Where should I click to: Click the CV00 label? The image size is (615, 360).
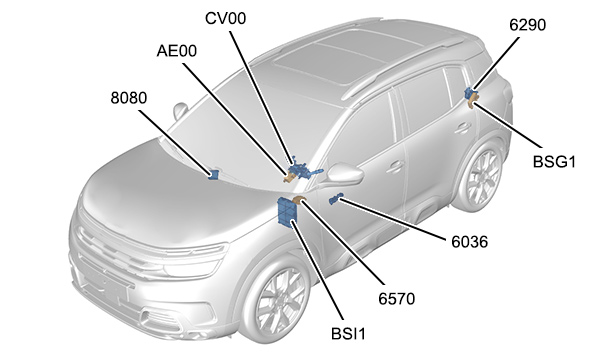tap(226, 18)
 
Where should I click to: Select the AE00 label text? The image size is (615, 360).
tap(176, 51)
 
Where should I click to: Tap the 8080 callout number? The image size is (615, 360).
tap(129, 98)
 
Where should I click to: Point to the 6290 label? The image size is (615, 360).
tap(528, 25)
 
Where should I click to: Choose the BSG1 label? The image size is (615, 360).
tap(554, 162)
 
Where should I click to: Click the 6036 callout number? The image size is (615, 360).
tap(469, 242)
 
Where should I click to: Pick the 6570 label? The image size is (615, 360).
tap(397, 299)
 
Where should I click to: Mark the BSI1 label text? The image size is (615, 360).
tap(348, 334)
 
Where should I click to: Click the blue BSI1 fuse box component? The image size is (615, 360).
tap(287, 212)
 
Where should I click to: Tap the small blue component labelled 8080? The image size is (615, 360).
tap(213, 175)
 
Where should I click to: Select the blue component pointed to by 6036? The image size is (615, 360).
tap(336, 198)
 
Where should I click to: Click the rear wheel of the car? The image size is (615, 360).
tap(482, 175)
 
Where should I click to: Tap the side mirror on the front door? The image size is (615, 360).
tap(344, 174)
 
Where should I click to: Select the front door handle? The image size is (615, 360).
tap(395, 167)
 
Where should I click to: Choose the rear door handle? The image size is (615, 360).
tap(463, 128)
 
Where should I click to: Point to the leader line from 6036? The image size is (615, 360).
tap(393, 219)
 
